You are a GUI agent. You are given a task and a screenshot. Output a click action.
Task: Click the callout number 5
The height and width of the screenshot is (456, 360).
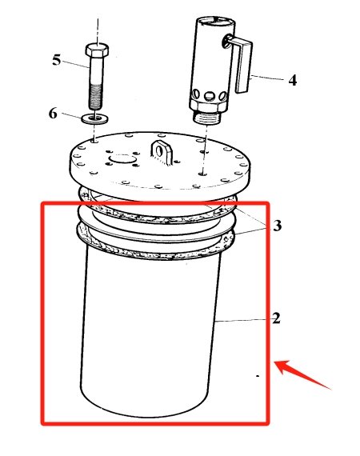(57, 60)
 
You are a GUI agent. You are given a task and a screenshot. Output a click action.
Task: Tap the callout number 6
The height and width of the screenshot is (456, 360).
(53, 114)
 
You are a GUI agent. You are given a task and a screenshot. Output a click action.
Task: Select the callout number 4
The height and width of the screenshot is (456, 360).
(293, 81)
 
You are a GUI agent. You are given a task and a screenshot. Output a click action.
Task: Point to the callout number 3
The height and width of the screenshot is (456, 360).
(277, 226)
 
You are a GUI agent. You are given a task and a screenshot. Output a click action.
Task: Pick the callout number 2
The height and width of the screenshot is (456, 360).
(276, 318)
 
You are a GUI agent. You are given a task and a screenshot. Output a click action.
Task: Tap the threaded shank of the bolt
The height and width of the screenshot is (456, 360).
(95, 90)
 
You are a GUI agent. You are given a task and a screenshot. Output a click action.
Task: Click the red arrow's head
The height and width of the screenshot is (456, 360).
(281, 367)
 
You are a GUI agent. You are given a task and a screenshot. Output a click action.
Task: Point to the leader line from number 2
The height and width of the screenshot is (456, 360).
(244, 319)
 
